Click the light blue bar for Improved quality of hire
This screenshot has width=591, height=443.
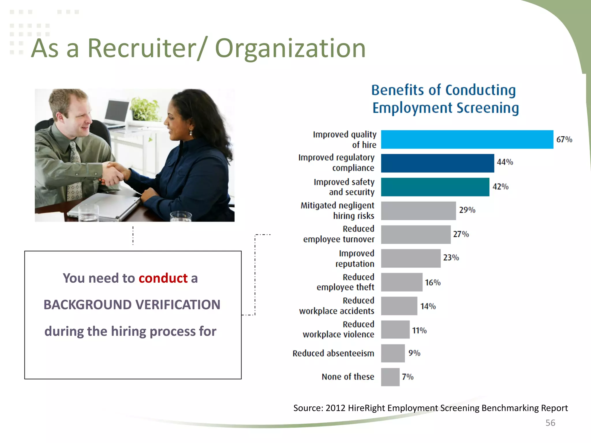[x=467, y=140]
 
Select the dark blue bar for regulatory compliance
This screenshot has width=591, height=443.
[x=437, y=163]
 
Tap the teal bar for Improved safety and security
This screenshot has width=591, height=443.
[x=435, y=187]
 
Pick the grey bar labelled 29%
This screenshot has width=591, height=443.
[x=418, y=211]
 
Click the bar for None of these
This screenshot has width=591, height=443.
[x=390, y=377]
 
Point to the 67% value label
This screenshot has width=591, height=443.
[x=564, y=140]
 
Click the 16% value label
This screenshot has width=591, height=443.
[x=433, y=283]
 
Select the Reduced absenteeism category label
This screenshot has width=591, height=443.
[x=333, y=353]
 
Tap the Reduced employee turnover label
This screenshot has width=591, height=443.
[x=339, y=234]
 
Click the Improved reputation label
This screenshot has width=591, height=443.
[x=355, y=258]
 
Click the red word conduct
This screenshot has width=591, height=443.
[x=163, y=278]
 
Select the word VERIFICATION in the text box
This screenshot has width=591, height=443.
[x=178, y=305]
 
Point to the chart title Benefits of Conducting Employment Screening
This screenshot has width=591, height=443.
[x=444, y=99]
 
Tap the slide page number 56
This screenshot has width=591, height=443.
[x=550, y=423]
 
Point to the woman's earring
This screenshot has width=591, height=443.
[x=191, y=133]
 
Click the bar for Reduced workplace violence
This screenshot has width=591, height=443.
[x=395, y=330]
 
